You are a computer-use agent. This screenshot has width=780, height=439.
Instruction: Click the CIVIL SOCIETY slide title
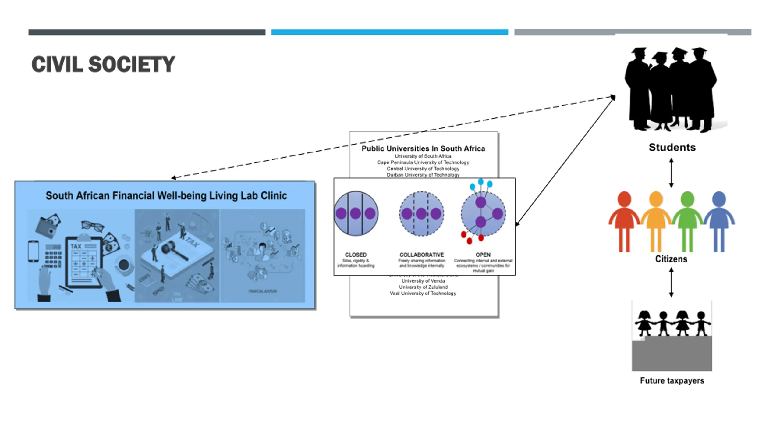point(103,64)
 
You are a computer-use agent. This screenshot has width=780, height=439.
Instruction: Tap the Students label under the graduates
point(672,147)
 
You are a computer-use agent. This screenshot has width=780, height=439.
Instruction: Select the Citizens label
point(671,259)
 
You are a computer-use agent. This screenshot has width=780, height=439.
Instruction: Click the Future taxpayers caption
point(672,380)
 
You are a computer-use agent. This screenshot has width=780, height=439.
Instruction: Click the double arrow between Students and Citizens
point(671,173)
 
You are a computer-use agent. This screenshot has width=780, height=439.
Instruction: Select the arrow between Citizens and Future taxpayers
point(671,282)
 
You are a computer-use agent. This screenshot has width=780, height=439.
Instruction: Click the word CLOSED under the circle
point(356,255)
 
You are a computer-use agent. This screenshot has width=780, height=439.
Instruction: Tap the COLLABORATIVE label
point(421,255)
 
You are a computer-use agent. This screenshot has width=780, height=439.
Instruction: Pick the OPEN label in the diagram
point(483,255)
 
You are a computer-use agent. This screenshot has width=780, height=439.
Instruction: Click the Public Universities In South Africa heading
point(423,148)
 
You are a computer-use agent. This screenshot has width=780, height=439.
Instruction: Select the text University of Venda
point(423,281)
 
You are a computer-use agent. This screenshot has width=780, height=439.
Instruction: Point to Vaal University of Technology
point(423,293)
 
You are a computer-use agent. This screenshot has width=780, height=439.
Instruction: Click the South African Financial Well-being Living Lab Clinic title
point(166,195)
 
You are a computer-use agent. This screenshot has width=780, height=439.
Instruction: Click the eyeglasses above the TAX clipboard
point(92,226)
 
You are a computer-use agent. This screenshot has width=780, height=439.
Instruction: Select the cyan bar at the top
point(389,32)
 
